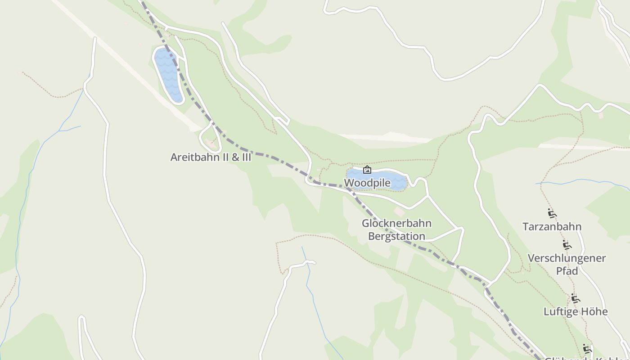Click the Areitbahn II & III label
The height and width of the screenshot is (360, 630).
click(211, 157)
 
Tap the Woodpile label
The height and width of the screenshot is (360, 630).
click(367, 183)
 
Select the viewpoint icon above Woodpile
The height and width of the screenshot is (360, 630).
click(367, 170)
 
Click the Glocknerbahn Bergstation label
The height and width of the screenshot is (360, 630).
click(396, 229)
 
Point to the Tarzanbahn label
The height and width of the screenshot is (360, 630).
click(552, 226)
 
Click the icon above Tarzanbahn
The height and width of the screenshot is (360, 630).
click(552, 213)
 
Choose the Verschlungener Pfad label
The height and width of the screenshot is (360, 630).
click(567, 265)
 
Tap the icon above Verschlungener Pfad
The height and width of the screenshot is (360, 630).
click(567, 245)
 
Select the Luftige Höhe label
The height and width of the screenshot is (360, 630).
click(576, 311)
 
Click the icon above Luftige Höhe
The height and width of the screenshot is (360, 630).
click(575, 298)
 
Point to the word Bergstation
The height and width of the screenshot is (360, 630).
click(396, 236)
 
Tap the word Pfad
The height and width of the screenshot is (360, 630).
click(567, 271)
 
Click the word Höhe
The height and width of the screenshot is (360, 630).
click(594, 311)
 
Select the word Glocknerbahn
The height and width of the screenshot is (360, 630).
click(396, 223)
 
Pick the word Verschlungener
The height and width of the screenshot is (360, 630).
click(567, 258)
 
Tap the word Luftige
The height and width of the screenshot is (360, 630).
click(560, 311)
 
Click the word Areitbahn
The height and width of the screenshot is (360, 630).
click(193, 157)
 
